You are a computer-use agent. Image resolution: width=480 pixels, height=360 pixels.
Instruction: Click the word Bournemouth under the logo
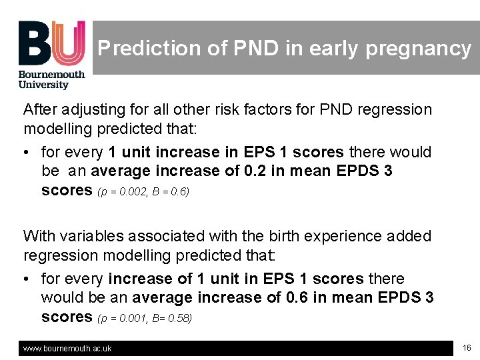click(51, 75)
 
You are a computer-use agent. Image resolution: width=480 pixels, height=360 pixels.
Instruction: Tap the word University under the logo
click(43, 85)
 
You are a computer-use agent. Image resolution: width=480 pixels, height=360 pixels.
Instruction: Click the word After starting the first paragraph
click(40, 109)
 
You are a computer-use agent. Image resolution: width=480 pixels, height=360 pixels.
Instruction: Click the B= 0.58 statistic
click(173, 319)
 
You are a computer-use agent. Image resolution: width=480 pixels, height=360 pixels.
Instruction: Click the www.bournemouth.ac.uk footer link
click(67, 349)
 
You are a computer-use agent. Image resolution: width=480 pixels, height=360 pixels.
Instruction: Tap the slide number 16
click(467, 347)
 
